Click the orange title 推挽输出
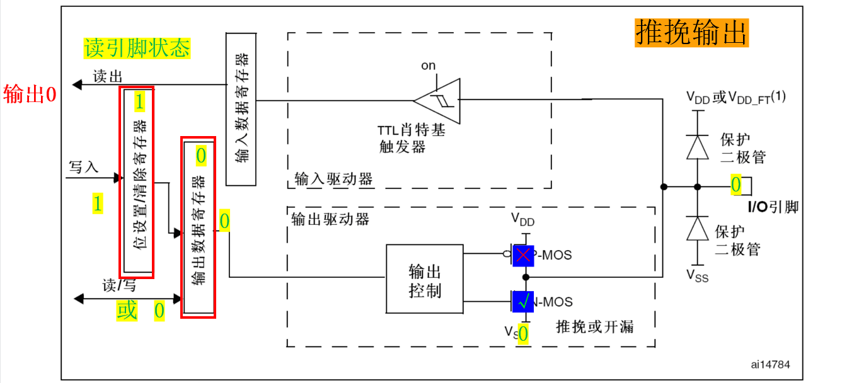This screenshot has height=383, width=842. (691, 32)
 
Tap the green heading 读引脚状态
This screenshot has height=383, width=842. (137, 48)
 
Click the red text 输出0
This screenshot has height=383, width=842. (30, 94)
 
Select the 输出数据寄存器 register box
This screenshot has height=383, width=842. (198, 228)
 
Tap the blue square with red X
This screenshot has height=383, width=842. (523, 255)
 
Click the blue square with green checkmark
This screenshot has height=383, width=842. (523, 302)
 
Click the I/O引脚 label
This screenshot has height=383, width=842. (773, 207)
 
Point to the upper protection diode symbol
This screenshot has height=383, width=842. (697, 147)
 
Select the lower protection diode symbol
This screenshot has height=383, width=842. (697, 229)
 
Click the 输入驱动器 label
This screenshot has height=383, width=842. (333, 179)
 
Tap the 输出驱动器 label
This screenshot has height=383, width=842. (330, 219)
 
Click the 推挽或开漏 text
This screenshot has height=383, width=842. (595, 326)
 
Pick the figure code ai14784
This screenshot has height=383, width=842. (770, 364)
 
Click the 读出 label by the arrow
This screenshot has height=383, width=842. (107, 76)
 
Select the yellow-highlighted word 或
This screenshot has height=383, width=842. (127, 310)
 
